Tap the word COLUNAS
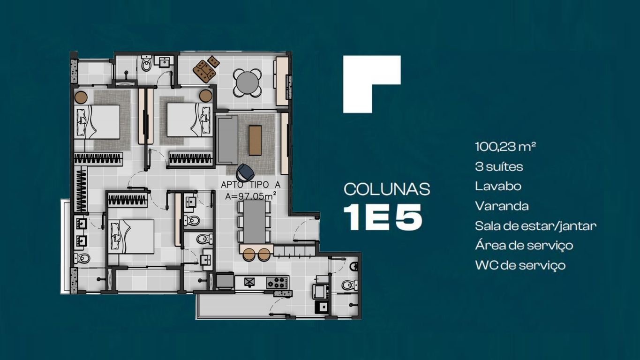tap(387, 189)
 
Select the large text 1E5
tap(383, 217)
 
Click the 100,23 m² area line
tap(505, 146)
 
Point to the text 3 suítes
tap(499, 166)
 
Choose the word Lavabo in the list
tap(498, 186)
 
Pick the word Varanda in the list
tap(502, 206)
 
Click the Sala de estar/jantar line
tap(535, 226)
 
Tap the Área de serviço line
tap(524, 246)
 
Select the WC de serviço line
tap(520, 265)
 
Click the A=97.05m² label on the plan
tap(250, 196)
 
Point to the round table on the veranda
tap(248, 83)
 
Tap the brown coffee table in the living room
tap(255, 140)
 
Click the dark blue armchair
tap(245, 172)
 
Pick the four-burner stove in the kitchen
tap(277, 282)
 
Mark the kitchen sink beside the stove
tap(250, 282)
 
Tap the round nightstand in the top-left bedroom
tap(81, 97)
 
